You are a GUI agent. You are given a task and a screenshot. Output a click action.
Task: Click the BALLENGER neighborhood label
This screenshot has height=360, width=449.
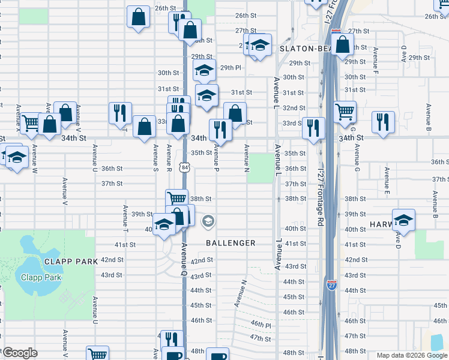click(231, 243)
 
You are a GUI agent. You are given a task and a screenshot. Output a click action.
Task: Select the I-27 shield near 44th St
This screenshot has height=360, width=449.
click(331, 283)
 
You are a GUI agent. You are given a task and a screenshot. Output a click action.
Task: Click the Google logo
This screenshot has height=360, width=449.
click(20, 353)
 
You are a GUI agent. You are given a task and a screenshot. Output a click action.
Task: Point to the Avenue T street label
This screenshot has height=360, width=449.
click(125, 218)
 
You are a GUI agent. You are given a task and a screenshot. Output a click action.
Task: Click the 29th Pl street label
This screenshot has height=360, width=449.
click(230, 68)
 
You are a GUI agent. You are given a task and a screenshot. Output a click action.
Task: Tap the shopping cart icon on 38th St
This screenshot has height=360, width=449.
click(176, 199)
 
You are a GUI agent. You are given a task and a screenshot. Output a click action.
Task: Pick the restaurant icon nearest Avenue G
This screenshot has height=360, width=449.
click(382, 121)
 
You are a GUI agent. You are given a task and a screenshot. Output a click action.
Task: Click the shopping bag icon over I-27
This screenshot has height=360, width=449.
click(342, 44)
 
